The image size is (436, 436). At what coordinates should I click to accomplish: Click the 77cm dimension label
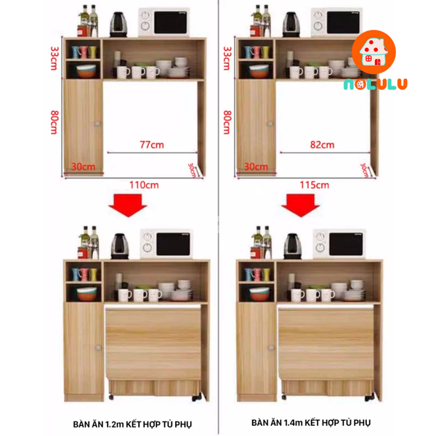151,145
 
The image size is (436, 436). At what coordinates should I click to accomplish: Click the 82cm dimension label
322,145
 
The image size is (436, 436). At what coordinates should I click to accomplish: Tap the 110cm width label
144,185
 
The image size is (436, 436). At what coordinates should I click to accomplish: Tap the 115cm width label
315,185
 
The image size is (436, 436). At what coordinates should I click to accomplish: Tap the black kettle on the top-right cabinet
291,24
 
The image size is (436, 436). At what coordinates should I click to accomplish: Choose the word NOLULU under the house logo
375,84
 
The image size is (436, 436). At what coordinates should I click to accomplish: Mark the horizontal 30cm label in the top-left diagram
84,166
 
